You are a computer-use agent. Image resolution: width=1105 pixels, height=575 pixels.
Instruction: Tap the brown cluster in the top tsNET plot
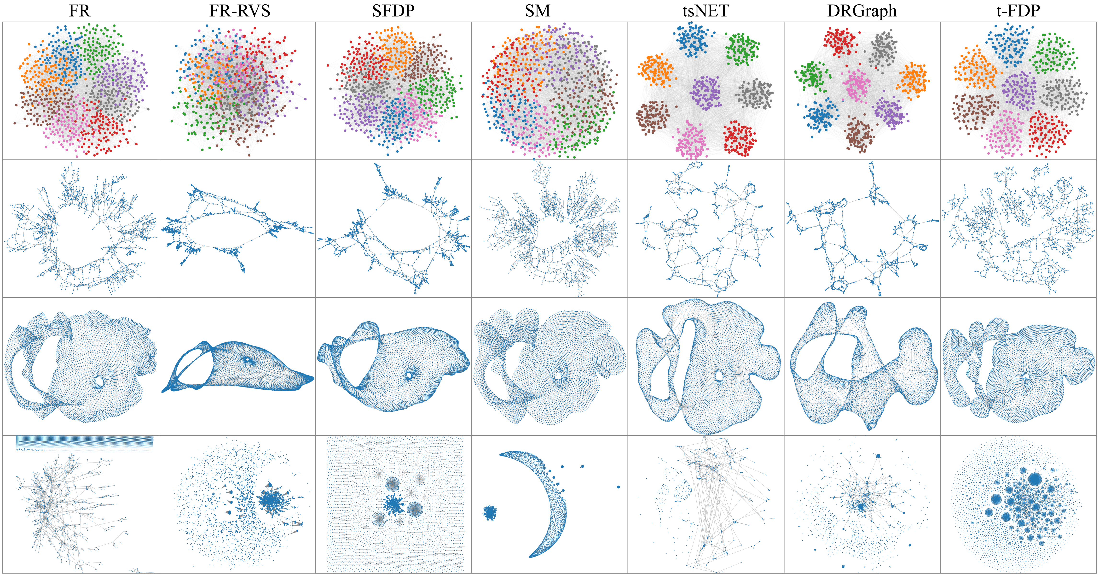pos(652,117)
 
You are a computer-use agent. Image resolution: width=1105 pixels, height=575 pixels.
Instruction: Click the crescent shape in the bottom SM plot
pos(553,506)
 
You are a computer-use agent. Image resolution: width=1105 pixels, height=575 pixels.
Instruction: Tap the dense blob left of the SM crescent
pos(489,512)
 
